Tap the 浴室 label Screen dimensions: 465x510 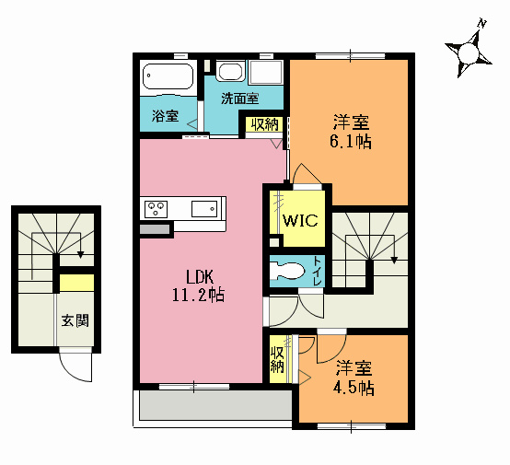(165, 117)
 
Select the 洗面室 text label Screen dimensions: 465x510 (239, 97)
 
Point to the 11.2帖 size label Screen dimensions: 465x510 (199, 295)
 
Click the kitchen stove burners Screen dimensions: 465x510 (154, 207)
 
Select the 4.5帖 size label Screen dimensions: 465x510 (354, 388)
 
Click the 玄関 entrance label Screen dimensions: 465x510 (75, 321)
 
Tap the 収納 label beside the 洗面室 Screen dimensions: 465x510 (264, 124)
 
